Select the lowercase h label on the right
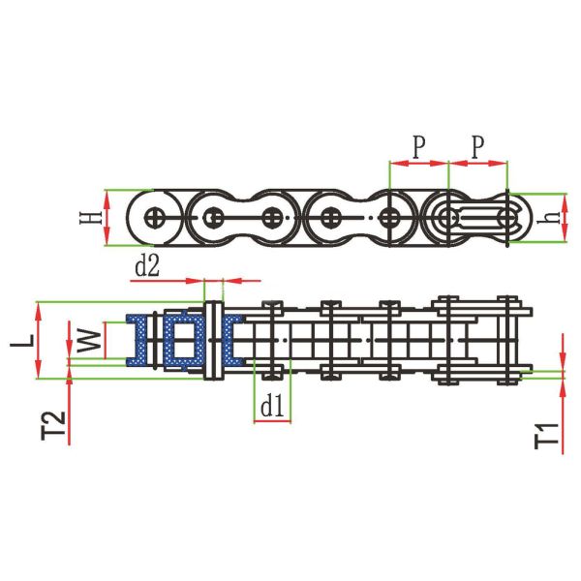point(551,218)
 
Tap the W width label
point(87,341)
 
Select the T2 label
point(54,427)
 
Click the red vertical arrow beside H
point(107,218)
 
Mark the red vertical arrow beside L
point(39,340)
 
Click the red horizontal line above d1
point(272,423)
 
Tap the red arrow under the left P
point(418,163)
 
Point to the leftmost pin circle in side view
point(155,217)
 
